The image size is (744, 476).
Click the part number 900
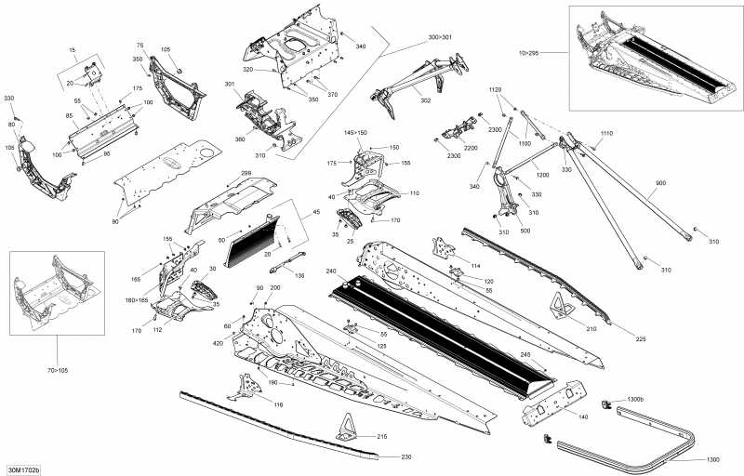click(x=661, y=183)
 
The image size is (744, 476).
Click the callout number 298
click(x=246, y=173)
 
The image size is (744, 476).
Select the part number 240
click(x=331, y=271)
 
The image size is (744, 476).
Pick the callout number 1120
click(x=496, y=89)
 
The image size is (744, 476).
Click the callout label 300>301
click(x=440, y=37)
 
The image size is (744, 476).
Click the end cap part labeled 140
click(x=558, y=410)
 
